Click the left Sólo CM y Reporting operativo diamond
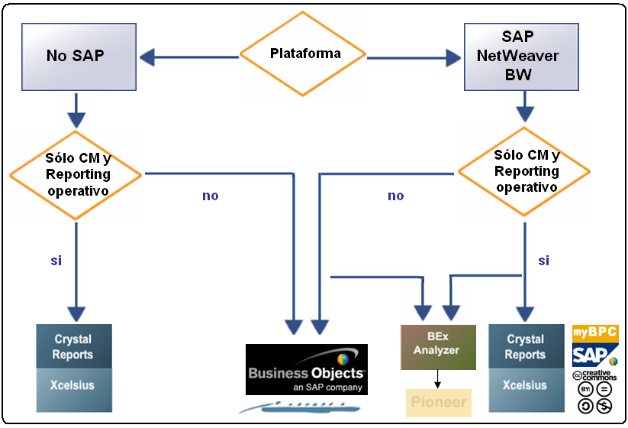pos(76,174)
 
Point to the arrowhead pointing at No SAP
pos(147,56)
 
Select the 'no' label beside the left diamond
pos(211,196)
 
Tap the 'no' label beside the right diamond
pos(396,196)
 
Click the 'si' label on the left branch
pos(56,261)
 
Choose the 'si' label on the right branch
pos(544,261)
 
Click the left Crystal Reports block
pos(74,346)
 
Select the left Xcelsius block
pos(74,385)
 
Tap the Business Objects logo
pos(307,369)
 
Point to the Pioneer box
pos(438,402)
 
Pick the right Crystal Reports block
pos(525,346)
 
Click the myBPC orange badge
pos(595,334)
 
